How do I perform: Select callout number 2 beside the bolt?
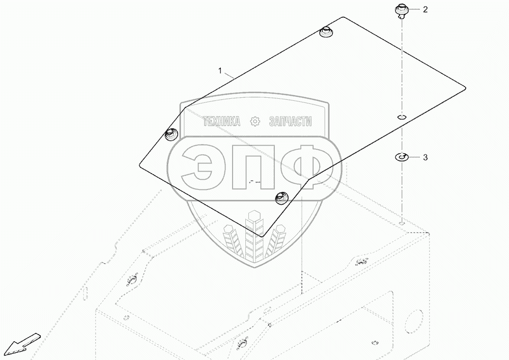[x=426, y=10]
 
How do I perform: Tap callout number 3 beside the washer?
[x=426, y=158]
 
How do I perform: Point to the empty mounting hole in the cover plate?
[x=402, y=117]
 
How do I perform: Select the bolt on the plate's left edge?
[x=170, y=134]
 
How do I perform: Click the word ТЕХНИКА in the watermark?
[x=221, y=122]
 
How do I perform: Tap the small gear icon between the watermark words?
[x=255, y=122]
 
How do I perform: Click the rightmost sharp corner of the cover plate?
[x=465, y=87]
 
